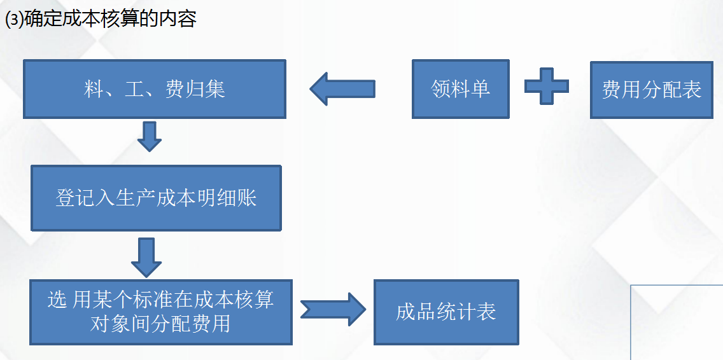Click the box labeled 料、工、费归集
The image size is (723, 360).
pos(155,89)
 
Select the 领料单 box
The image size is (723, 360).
pos(460,89)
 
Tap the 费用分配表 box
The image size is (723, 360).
pos(651,90)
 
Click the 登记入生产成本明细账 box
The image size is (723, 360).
pos(156,198)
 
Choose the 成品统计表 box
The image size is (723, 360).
pos(446,312)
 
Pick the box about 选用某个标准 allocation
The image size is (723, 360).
pos(161,312)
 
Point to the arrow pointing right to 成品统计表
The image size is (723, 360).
pos(332,309)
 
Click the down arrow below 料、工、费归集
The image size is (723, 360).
pos(150,136)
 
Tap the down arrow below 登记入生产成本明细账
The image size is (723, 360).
pos(146,254)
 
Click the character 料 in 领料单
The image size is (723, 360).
pos(460,88)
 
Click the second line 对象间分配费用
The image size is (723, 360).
pos(160,324)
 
